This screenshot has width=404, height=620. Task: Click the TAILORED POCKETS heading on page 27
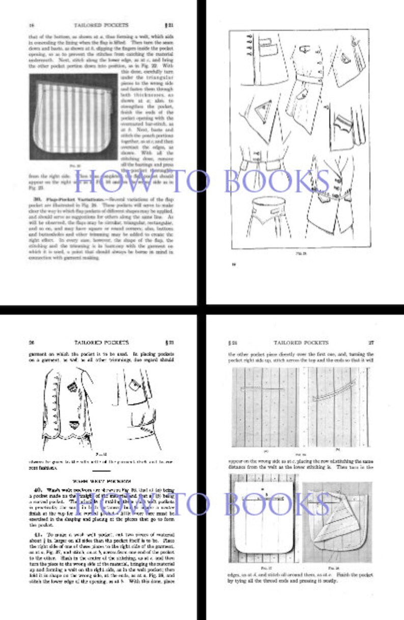[301, 343]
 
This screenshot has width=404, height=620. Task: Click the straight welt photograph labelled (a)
[265, 407]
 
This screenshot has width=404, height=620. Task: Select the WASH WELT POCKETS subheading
[101, 480]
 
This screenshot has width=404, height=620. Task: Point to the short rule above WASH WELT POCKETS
[101, 472]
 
